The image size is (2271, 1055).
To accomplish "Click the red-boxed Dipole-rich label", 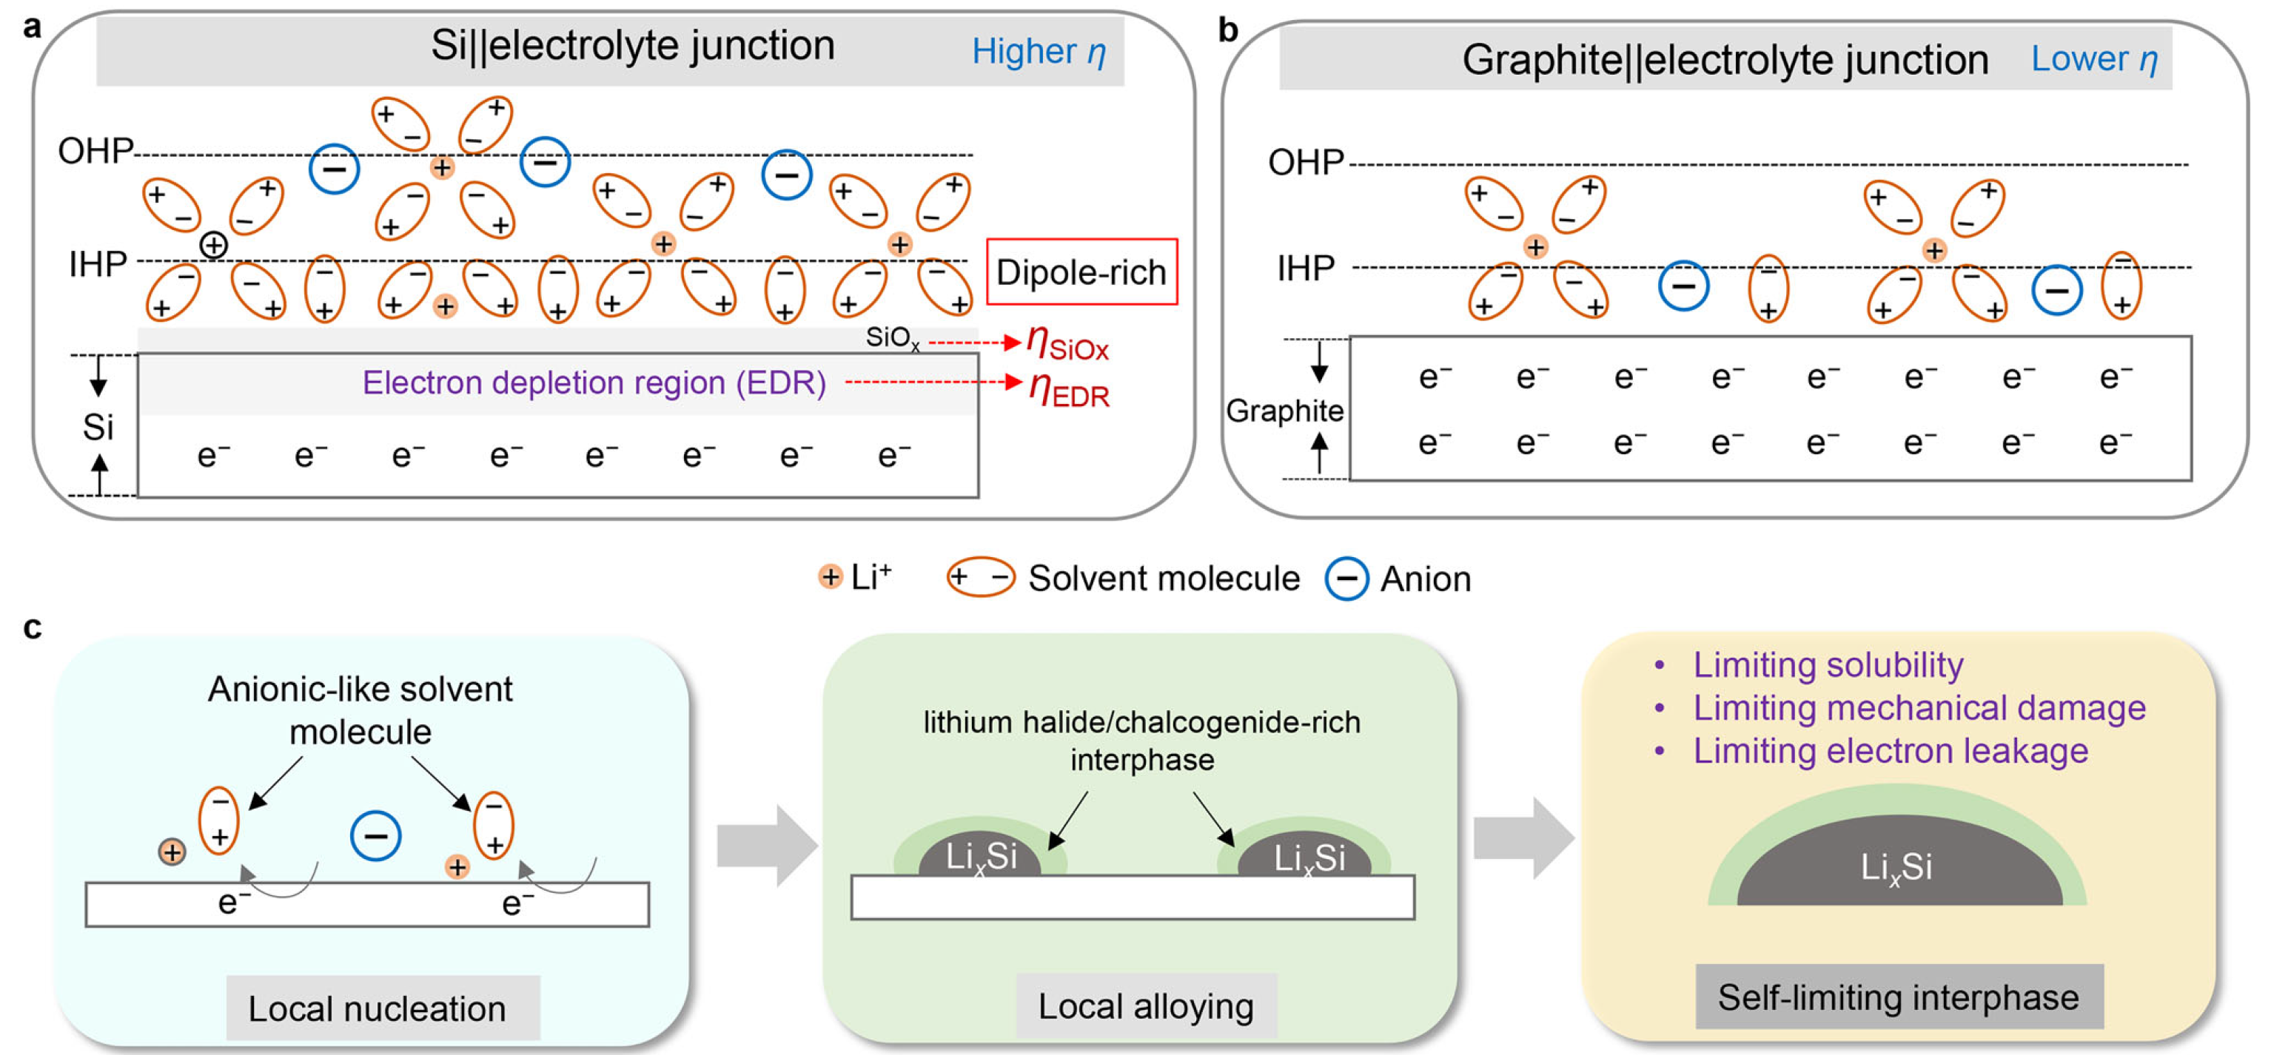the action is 1081,272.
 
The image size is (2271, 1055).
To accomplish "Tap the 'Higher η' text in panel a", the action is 1039,52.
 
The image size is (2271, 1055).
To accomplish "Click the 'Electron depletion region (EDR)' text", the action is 594,382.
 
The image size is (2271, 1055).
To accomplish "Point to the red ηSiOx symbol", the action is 1067,343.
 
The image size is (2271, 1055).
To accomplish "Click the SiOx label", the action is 892,337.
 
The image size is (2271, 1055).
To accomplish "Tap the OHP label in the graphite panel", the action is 1306,163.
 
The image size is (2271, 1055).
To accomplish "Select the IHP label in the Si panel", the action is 98,263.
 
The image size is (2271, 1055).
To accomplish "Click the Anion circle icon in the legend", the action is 1347,579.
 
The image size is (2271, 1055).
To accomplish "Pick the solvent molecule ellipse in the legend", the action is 980,579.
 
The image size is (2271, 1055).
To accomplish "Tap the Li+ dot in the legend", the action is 830,577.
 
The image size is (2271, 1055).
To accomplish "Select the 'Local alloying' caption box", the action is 1146,1005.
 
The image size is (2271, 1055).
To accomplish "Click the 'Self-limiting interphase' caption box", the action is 1899,997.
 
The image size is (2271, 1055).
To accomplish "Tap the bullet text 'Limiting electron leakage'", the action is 1890,751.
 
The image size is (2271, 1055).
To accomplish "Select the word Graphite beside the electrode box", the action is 1284,411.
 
